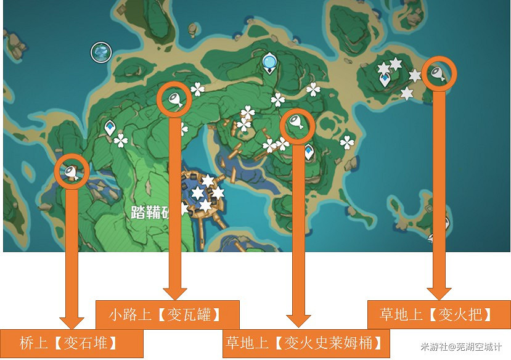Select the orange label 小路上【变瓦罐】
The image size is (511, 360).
(167, 314)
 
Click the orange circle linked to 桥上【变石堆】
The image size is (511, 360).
(73, 171)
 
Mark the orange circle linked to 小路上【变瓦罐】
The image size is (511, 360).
(175, 99)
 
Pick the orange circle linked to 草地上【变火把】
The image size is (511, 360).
(438, 74)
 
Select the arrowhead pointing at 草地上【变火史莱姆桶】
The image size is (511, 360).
(298, 319)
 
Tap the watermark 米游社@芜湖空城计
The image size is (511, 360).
(462, 348)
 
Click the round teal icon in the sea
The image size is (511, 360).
(100, 52)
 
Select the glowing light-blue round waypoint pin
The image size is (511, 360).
(269, 62)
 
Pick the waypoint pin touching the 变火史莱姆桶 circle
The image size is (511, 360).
(308, 151)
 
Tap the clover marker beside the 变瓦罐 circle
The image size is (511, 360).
(198, 90)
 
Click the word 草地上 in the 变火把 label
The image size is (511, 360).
(401, 314)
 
